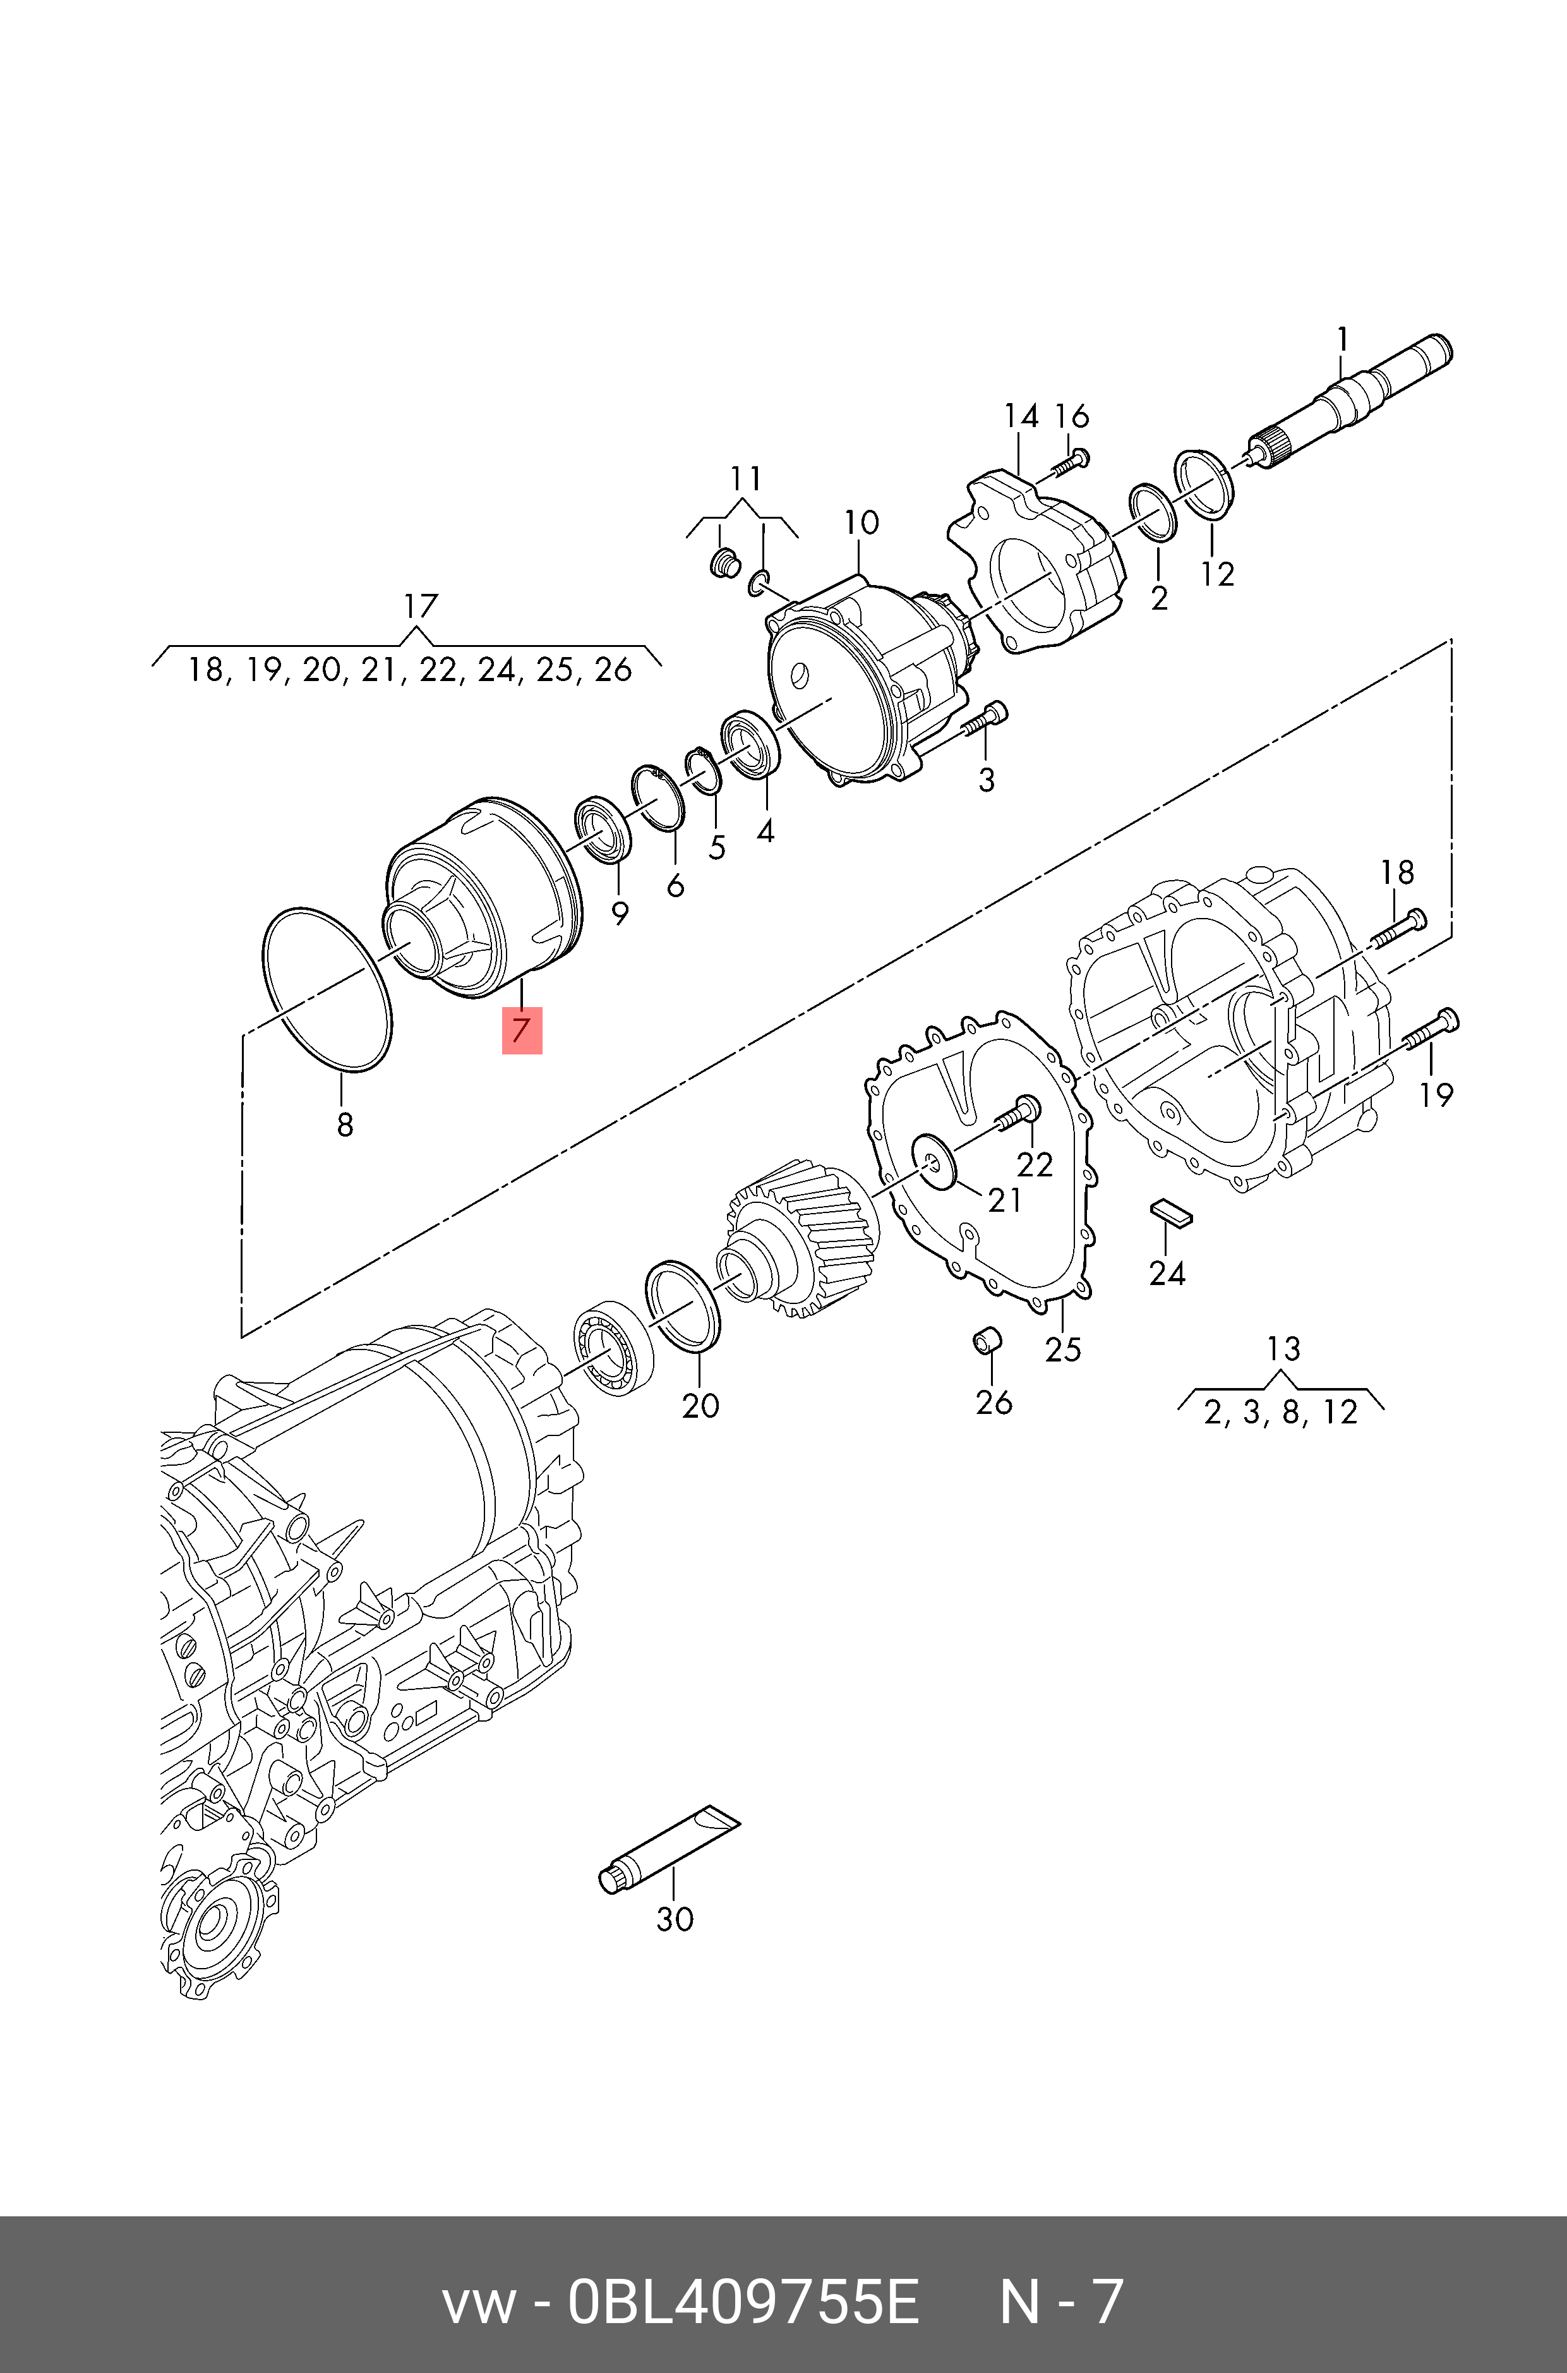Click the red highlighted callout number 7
520,1030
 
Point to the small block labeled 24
1168,1212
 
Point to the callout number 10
860,522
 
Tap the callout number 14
1020,416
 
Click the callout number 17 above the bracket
421,606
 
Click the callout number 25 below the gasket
1062,1350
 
